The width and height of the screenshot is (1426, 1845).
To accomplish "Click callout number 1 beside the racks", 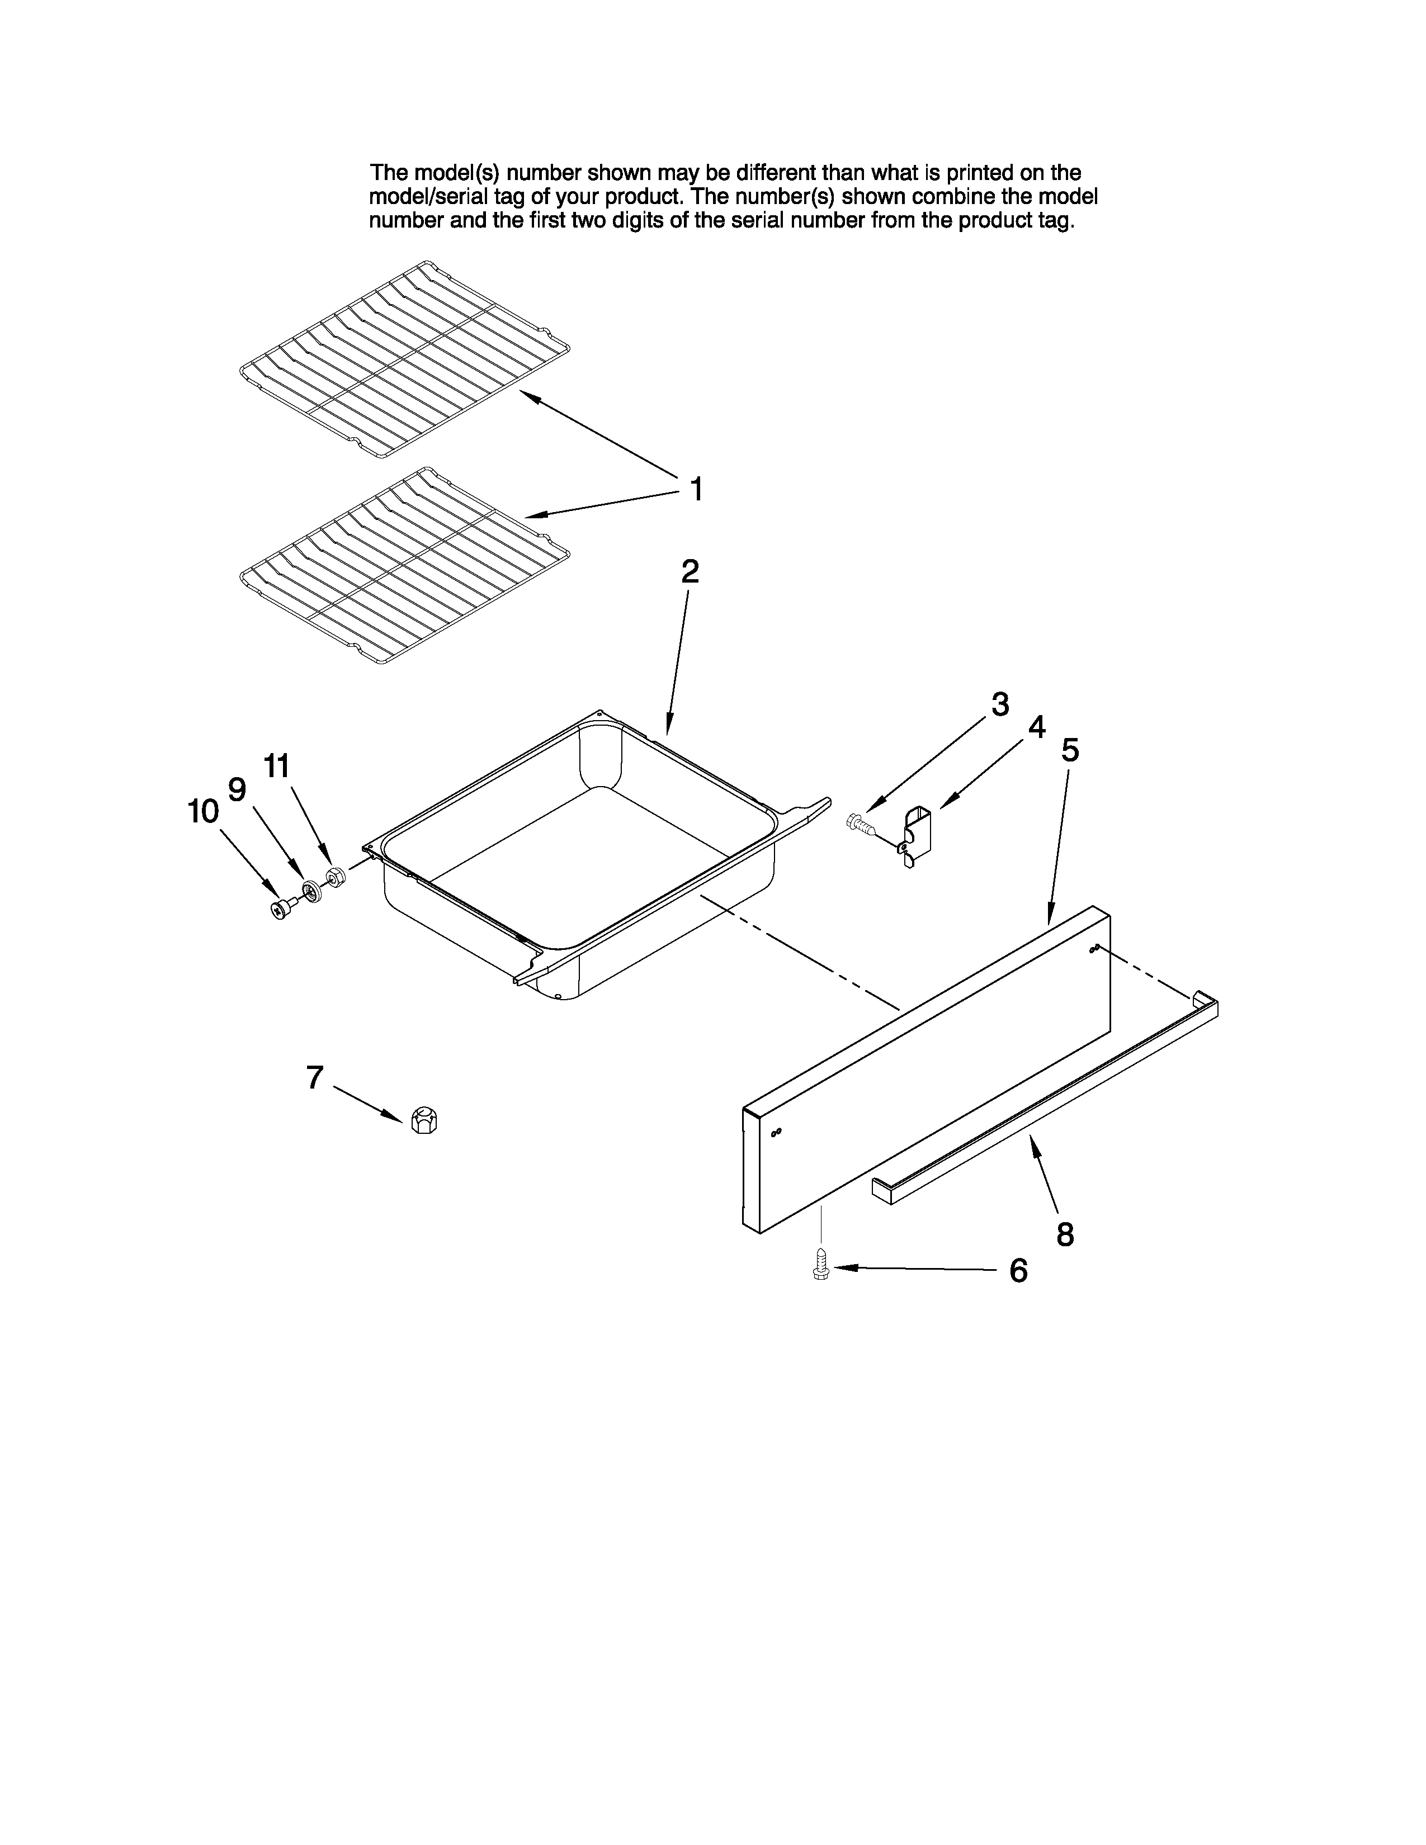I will [x=696, y=489].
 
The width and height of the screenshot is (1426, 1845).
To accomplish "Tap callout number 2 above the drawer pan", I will [x=690, y=572].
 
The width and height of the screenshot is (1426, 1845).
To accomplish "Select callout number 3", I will [x=999, y=704].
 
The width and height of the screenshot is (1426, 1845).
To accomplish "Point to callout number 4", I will [x=1037, y=726].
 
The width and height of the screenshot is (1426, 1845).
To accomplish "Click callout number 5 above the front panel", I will [x=1069, y=749].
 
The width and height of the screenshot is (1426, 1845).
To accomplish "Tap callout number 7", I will [x=314, y=1077].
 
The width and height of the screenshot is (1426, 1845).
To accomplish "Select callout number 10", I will [x=203, y=812].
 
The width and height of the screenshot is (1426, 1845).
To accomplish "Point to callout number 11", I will [x=276, y=766].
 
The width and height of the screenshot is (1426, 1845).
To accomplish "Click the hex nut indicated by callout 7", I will [x=423, y=1120].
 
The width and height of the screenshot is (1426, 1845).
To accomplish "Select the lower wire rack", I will [x=404, y=566].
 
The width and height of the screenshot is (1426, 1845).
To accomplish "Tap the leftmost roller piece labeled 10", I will [x=280, y=909].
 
